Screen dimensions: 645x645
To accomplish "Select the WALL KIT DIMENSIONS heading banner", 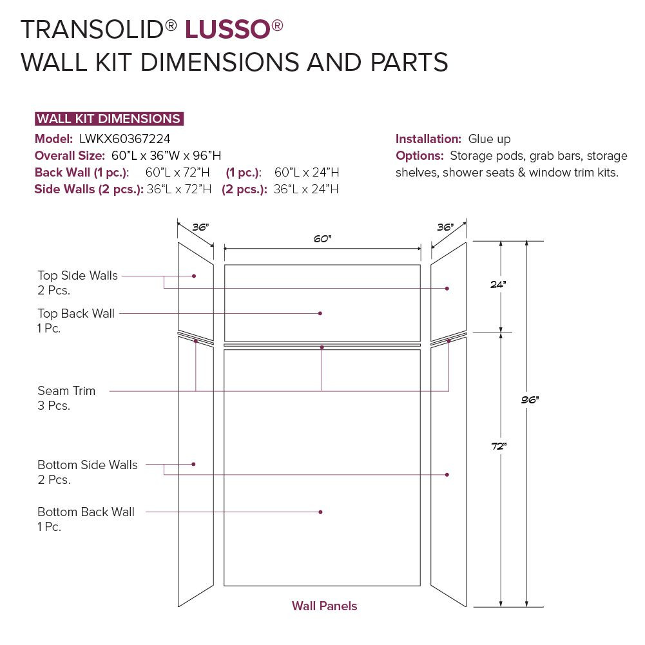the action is pos(108,119).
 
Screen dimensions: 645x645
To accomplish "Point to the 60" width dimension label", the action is pos(322,239).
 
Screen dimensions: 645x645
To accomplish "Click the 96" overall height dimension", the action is pos(530,400).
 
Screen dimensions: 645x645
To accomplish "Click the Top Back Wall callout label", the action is pos(76,314).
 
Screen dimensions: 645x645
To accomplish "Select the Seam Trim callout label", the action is pos(66,391).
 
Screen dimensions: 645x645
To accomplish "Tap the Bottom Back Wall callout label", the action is pos(86,512).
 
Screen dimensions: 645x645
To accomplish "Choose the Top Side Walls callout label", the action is pos(77,276).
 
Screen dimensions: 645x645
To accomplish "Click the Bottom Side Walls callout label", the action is pos(87,465).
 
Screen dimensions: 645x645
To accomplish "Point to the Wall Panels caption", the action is pos(324,606).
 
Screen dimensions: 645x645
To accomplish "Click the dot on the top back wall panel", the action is pos(320,313).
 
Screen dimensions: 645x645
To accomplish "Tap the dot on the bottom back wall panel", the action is pos(320,512).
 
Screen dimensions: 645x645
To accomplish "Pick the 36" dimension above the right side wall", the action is pos(445,227).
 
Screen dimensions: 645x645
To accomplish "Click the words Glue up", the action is pos(490,139).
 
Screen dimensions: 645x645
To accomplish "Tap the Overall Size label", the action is pos(70,155).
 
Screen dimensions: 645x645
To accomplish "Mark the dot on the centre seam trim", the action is pos(322,347).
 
